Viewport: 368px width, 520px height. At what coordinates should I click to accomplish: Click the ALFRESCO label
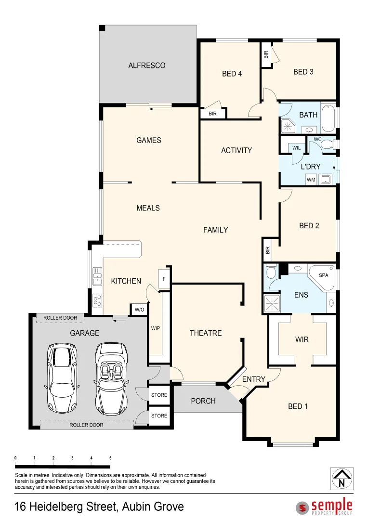click(147, 65)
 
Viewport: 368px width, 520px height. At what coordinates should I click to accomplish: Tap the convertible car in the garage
click(111, 378)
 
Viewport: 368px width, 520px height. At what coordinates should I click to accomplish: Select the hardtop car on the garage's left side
click(62, 378)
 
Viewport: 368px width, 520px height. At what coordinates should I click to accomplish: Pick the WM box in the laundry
click(311, 180)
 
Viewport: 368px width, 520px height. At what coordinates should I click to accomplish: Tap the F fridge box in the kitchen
click(164, 279)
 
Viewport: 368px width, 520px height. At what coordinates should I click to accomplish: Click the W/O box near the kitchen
click(139, 309)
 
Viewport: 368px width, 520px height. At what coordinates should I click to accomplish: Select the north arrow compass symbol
click(342, 479)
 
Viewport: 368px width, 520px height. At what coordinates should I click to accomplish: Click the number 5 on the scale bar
click(110, 458)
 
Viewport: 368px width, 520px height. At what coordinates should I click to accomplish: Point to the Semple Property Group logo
click(325, 507)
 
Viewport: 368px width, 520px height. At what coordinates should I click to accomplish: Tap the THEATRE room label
click(206, 333)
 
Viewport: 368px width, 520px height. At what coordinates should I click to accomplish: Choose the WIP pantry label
click(156, 328)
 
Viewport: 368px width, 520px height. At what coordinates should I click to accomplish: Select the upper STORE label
click(159, 395)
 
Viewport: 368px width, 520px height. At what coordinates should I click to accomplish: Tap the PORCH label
click(203, 401)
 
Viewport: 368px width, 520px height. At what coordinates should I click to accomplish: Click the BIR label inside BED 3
click(266, 54)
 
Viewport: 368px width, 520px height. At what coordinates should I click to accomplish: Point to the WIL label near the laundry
click(296, 148)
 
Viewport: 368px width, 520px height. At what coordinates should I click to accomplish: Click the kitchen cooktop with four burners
click(97, 300)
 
